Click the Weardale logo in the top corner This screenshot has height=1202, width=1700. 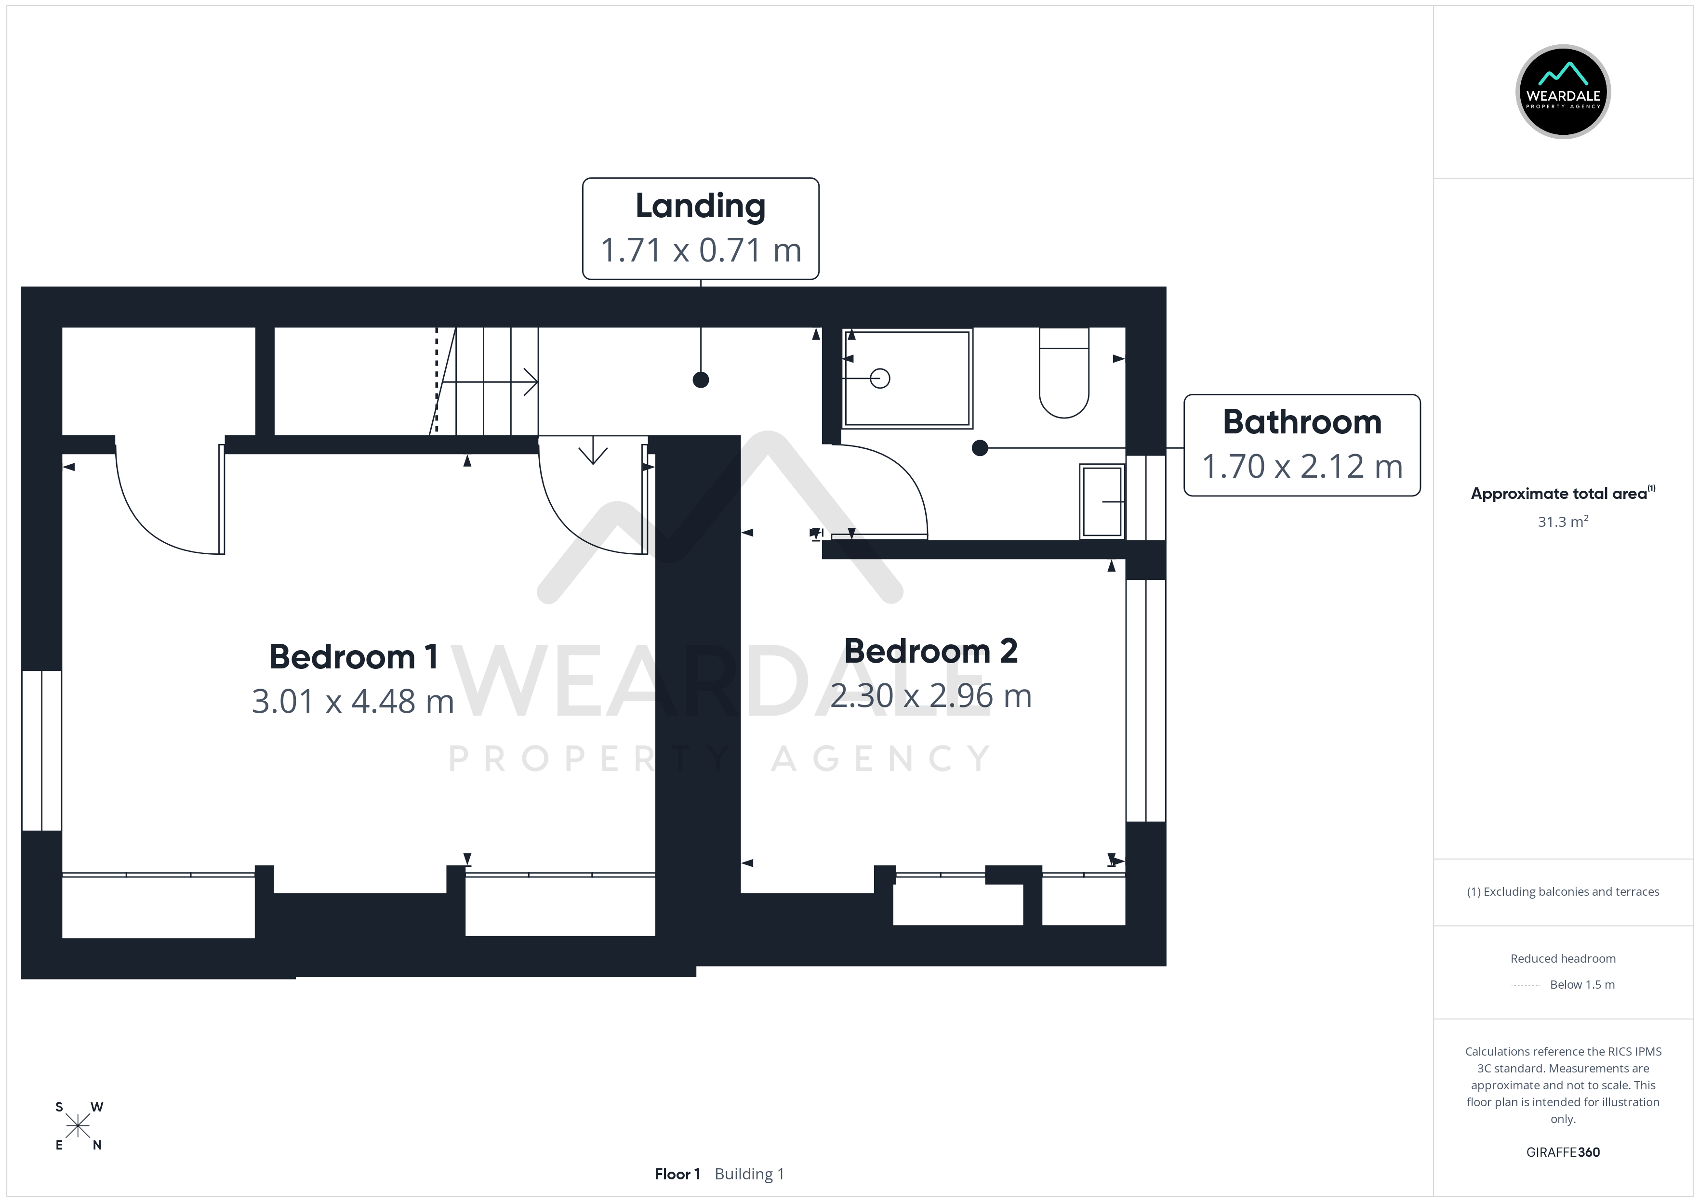pyautogui.click(x=1563, y=92)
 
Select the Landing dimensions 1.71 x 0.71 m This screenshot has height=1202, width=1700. pyautogui.click(x=701, y=250)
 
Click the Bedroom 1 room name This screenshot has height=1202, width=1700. pyautogui.click(x=353, y=657)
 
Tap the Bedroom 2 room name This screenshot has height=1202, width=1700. pyautogui.click(x=930, y=652)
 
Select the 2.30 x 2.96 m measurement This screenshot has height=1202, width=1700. pyautogui.click(x=930, y=696)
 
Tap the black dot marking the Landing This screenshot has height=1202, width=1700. pyautogui.click(x=701, y=379)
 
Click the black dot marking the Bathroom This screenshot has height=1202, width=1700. pyautogui.click(x=980, y=448)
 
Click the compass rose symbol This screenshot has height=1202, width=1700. pyautogui.click(x=78, y=1126)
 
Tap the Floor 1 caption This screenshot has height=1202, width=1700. pyautogui.click(x=677, y=1174)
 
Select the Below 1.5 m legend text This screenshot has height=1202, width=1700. pyautogui.click(x=1582, y=984)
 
